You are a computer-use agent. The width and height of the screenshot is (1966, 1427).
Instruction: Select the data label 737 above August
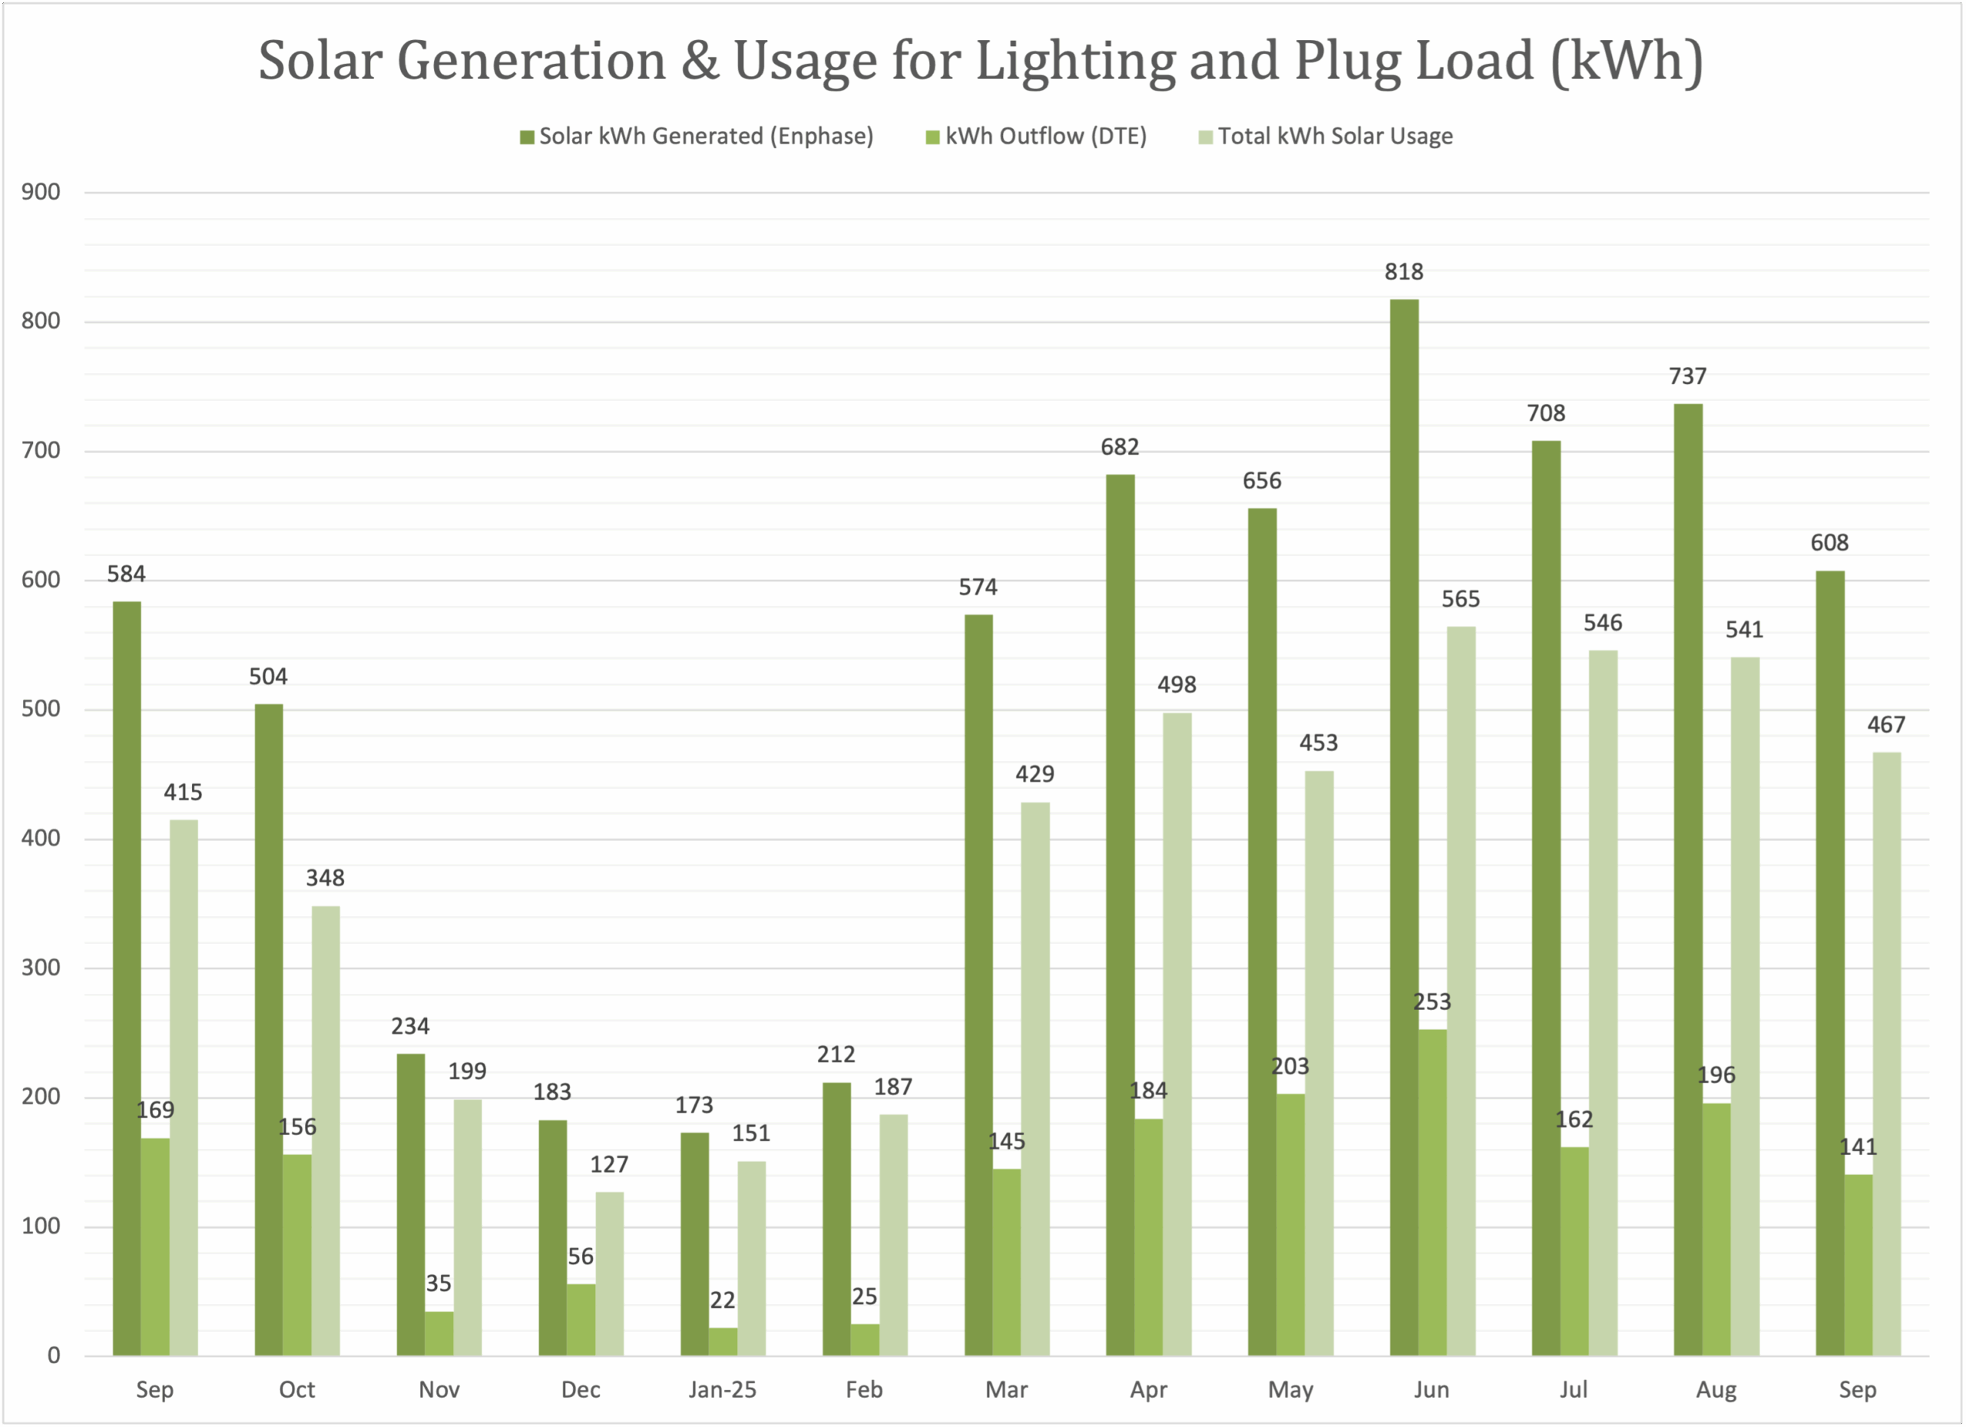(1688, 376)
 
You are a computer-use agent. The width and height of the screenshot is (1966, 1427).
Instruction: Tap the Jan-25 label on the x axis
(722, 1389)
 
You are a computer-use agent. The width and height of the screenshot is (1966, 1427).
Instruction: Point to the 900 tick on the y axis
(41, 193)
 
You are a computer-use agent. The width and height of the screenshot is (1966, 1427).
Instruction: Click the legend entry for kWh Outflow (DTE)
(1037, 136)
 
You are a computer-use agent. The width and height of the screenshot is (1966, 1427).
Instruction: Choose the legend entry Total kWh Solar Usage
(1326, 136)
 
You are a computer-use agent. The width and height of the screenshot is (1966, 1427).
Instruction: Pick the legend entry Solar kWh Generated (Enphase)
(697, 136)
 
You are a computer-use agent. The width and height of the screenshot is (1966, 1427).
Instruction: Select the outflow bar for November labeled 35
(439, 1333)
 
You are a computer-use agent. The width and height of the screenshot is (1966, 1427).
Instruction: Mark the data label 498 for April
(1177, 685)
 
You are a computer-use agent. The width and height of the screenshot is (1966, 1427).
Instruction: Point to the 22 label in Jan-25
(722, 1300)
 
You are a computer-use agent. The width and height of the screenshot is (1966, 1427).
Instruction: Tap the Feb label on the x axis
(864, 1389)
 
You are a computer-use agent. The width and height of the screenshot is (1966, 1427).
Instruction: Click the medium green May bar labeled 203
(1290, 1224)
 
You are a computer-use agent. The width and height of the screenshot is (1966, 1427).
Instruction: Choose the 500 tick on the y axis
(41, 709)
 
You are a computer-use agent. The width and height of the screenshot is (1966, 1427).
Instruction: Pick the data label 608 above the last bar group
(1829, 543)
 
